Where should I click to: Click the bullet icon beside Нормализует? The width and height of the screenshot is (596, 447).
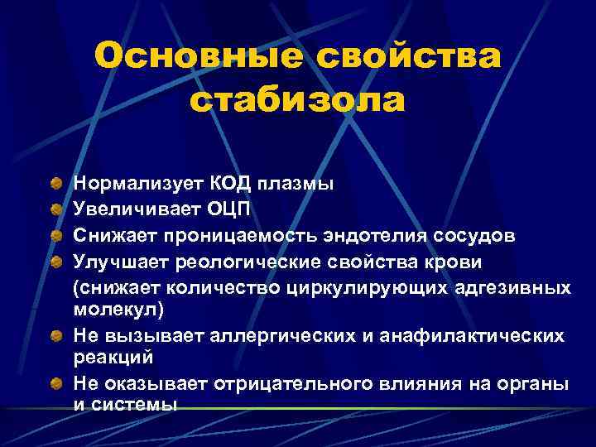tap(55, 182)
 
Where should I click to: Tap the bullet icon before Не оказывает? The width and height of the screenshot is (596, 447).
tap(55, 383)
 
